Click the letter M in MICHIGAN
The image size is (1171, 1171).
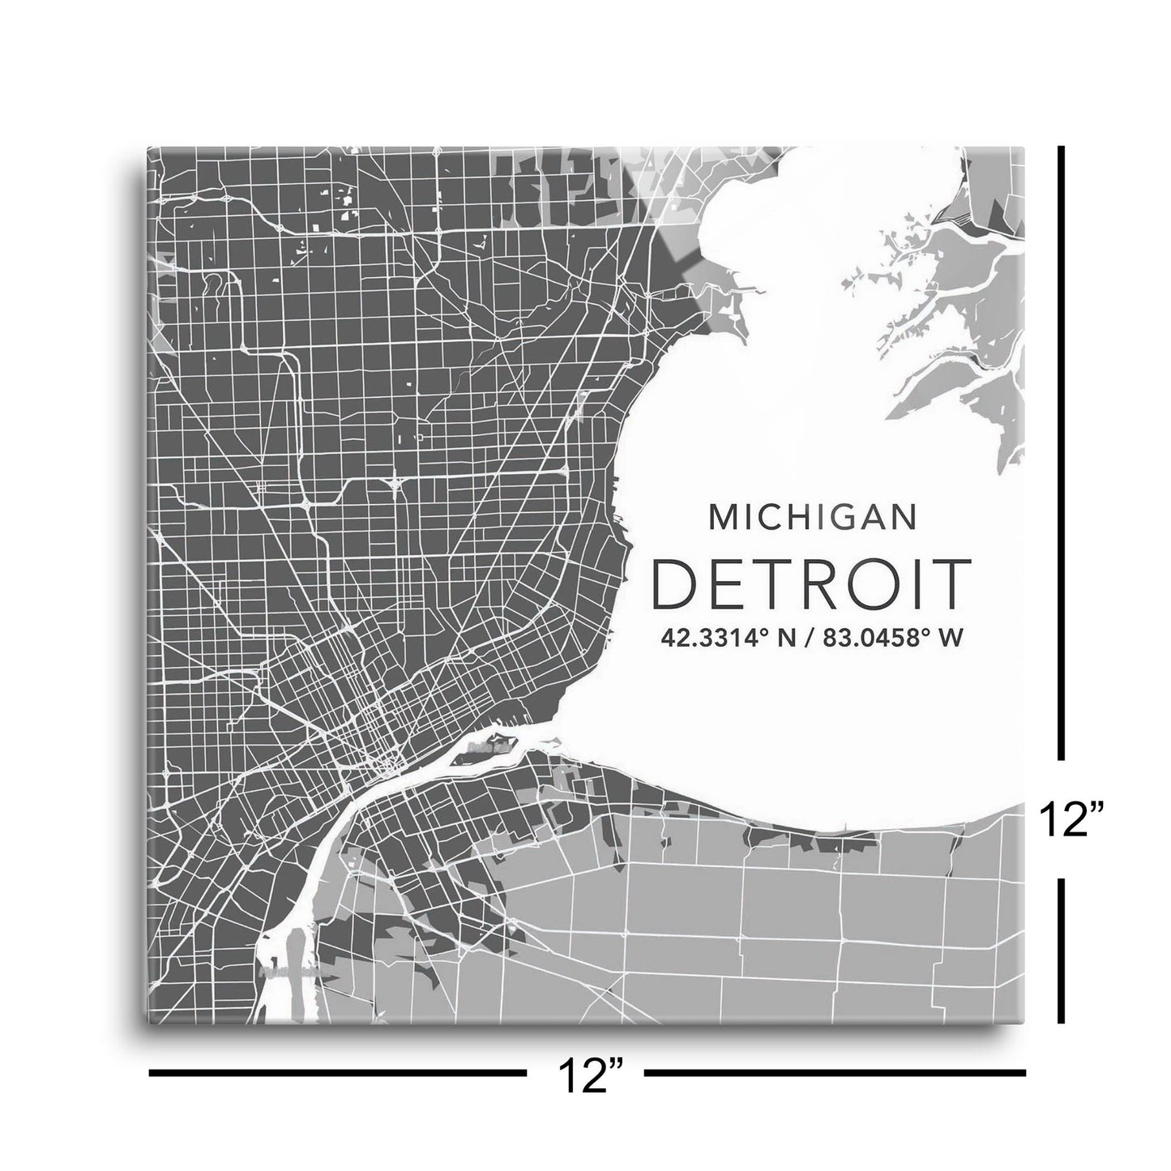click(x=720, y=517)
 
